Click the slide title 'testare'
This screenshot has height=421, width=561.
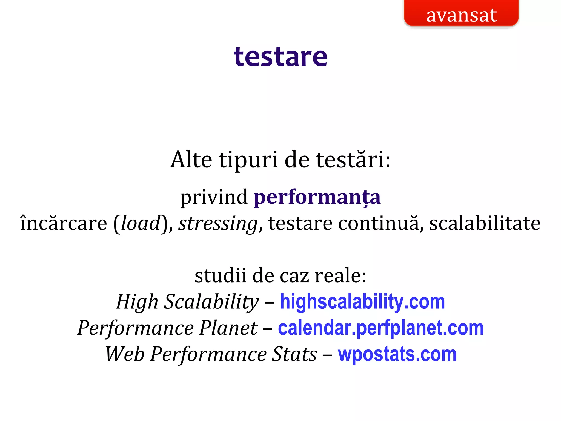tap(280, 57)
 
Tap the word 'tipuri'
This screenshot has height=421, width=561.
tap(248, 160)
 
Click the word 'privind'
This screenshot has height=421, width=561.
tap(214, 197)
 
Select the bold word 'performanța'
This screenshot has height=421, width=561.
tap(317, 197)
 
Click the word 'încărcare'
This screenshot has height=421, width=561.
tap(64, 223)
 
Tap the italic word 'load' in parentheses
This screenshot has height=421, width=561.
tap(140, 223)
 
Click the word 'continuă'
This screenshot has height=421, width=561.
tap(379, 223)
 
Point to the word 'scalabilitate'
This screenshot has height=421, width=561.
tap(485, 223)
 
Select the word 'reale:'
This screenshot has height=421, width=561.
tap(340, 275)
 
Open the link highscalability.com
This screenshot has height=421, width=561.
tap(362, 302)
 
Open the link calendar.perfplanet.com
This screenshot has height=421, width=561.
tap(380, 328)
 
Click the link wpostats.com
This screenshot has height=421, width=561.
tap(397, 354)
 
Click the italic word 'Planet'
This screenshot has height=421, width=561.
tap(228, 328)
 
